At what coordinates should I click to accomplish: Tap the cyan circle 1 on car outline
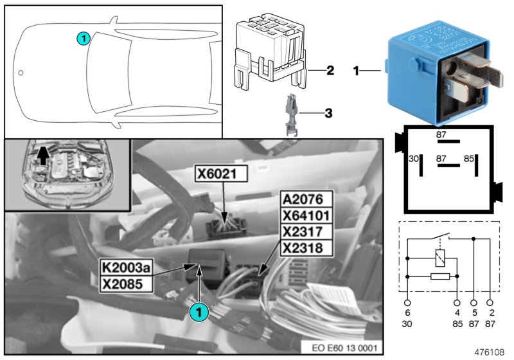[82, 39]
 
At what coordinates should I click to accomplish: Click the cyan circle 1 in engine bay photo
[199, 311]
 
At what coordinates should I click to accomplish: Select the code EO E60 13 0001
[344, 348]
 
